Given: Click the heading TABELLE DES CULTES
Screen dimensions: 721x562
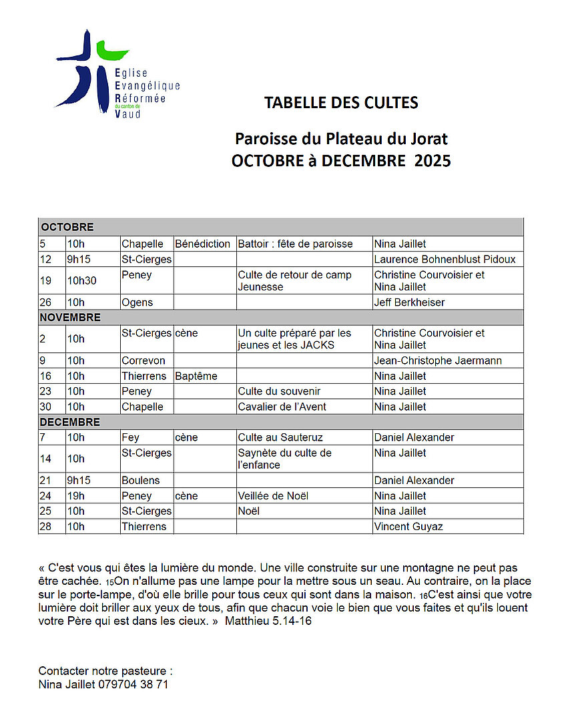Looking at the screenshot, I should (x=341, y=103).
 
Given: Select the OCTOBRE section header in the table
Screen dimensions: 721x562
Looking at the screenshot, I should (x=67, y=227).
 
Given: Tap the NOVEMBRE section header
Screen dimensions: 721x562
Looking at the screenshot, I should (x=70, y=317).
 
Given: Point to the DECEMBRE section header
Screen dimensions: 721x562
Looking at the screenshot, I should (x=69, y=422).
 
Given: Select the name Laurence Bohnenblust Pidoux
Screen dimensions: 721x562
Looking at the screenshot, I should (x=445, y=259).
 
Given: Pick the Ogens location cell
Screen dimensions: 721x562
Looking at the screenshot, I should (x=137, y=302).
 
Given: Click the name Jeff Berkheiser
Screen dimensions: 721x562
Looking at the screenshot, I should (x=409, y=302).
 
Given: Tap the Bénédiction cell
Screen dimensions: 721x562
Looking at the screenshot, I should (x=202, y=244).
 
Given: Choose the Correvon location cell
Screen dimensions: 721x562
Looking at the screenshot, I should (x=144, y=360).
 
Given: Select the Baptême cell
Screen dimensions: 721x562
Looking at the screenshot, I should (x=196, y=376).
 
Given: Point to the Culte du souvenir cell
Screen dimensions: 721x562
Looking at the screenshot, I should (x=279, y=391).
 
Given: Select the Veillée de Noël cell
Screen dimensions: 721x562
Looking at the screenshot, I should (x=273, y=496).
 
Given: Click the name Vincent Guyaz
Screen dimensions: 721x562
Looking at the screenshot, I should (x=408, y=526).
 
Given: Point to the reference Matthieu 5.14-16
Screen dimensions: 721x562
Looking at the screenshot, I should (x=268, y=621).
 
